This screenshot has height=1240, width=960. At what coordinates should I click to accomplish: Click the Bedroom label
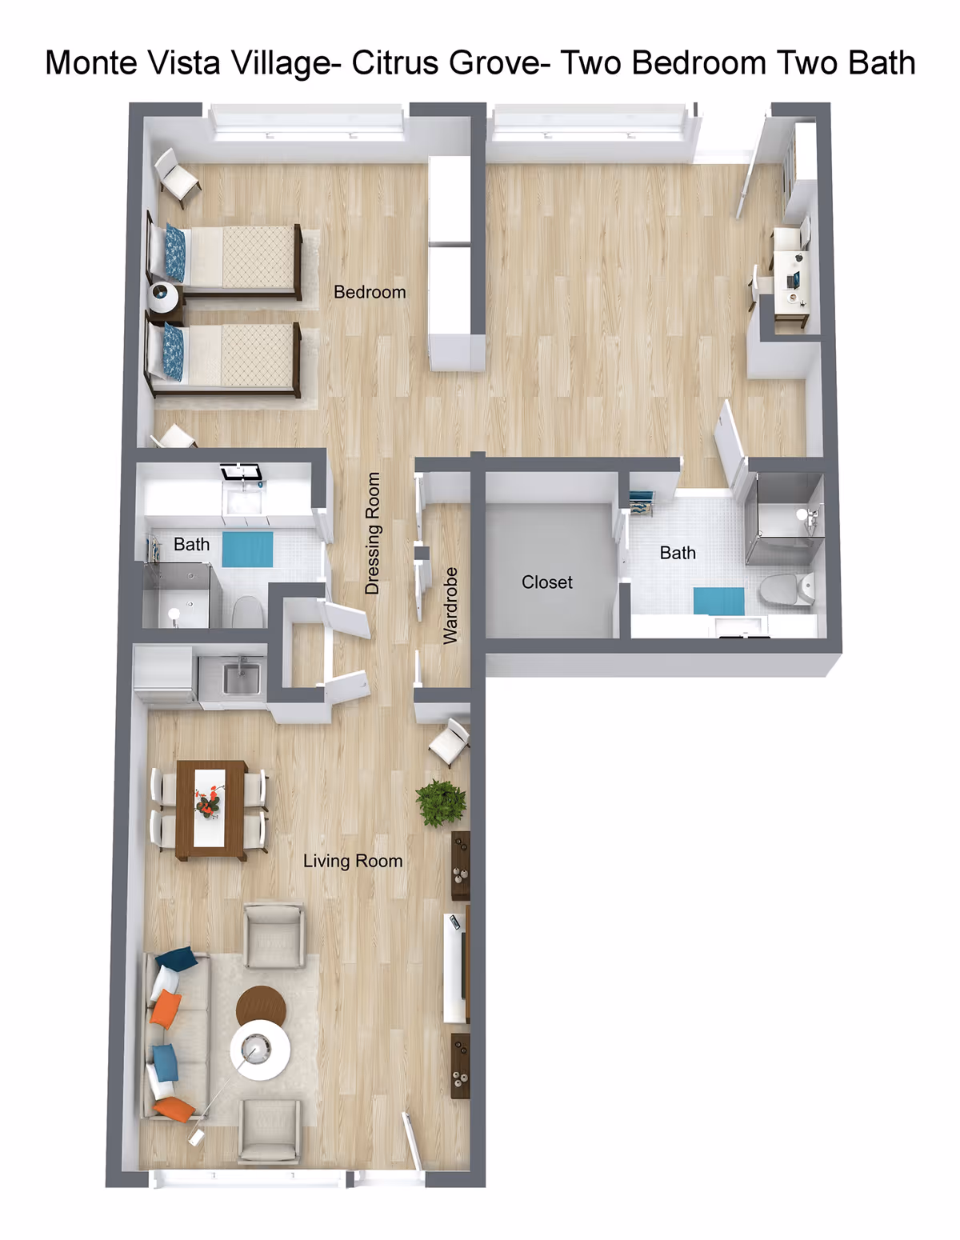[x=370, y=292]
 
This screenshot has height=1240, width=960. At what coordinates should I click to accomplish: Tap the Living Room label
[x=353, y=861]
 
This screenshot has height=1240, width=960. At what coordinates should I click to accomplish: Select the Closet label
[x=547, y=582]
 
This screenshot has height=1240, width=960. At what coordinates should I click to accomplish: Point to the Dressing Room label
[x=372, y=534]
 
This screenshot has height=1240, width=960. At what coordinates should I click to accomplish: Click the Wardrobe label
[x=450, y=606]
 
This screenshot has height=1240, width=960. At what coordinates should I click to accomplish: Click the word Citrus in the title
[x=398, y=63]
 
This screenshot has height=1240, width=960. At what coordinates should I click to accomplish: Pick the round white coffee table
[x=260, y=1050]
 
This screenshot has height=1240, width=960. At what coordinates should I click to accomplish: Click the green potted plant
[x=441, y=802]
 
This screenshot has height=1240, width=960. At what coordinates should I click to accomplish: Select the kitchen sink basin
[x=242, y=679]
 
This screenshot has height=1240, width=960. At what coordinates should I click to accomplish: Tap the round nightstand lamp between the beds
[x=164, y=297]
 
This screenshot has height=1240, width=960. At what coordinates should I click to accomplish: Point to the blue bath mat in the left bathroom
[x=247, y=549]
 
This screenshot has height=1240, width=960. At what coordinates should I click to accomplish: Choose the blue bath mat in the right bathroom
[x=718, y=600]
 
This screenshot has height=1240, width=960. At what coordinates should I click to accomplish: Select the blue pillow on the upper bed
[x=175, y=253]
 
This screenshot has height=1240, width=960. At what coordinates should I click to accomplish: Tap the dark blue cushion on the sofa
[x=178, y=958]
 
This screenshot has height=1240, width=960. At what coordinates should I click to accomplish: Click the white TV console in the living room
[x=456, y=968]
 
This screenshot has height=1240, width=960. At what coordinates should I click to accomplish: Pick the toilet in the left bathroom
[x=248, y=612]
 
